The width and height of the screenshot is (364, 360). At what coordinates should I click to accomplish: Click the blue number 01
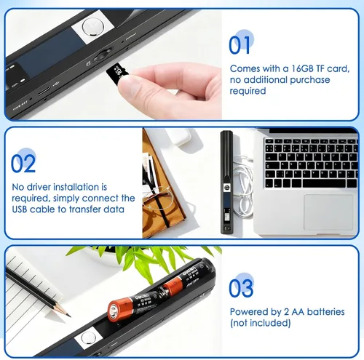[240, 45]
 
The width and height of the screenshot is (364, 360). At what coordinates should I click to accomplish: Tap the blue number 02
[23, 164]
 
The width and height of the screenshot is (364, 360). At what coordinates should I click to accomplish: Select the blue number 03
[241, 288]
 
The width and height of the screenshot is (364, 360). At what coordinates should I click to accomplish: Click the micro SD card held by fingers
[117, 73]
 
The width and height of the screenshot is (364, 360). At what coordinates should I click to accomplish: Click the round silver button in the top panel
[91, 27]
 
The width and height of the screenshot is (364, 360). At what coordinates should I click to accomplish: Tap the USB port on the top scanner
[44, 92]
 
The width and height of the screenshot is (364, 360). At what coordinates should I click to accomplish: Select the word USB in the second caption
[20, 209]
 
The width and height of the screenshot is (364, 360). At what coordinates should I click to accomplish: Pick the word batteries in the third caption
[326, 312]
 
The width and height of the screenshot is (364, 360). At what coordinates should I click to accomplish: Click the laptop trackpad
[328, 212]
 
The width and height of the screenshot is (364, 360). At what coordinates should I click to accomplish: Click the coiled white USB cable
[243, 184]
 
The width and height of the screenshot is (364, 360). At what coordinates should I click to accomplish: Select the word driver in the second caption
[39, 187]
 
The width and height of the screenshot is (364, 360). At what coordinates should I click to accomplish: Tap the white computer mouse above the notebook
[181, 136]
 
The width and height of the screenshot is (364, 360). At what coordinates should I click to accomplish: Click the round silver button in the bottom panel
[87, 337]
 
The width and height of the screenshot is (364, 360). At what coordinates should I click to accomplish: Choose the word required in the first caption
[248, 91]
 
